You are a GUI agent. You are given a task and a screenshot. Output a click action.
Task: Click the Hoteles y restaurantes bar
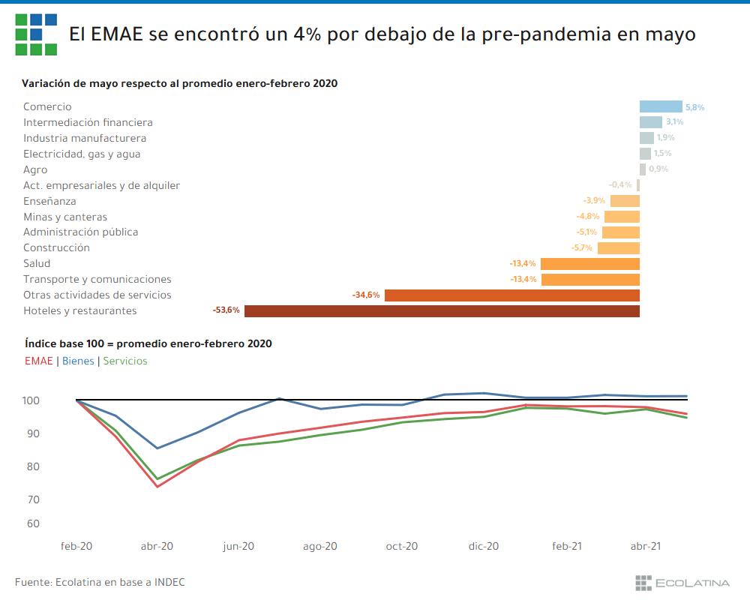(x=442, y=311)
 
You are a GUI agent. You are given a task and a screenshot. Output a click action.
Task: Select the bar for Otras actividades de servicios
(x=511, y=295)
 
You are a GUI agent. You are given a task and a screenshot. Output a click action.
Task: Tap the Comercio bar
(x=661, y=107)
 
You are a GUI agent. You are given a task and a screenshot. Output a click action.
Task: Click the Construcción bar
(x=618, y=248)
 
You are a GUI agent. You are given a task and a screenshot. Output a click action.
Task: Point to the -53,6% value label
(x=226, y=310)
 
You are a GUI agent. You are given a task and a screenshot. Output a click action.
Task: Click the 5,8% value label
(x=694, y=107)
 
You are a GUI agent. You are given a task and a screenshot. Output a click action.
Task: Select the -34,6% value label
(x=366, y=295)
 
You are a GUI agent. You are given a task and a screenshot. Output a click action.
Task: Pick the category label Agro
(x=35, y=169)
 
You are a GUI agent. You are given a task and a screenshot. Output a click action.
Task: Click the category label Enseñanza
(x=49, y=201)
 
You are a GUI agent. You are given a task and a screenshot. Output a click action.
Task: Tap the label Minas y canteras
(x=65, y=217)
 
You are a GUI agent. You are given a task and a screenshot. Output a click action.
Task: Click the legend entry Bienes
(x=78, y=361)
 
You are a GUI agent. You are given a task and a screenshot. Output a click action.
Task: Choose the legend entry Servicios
(x=125, y=361)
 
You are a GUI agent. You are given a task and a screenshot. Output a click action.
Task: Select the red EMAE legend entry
(x=38, y=361)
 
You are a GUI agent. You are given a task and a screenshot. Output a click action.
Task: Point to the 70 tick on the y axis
(x=33, y=499)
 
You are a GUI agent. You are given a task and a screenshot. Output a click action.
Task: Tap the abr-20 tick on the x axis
(x=157, y=547)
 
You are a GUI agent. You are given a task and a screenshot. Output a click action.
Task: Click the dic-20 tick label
(x=484, y=547)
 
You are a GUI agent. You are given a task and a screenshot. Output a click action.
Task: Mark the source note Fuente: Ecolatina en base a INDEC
(x=100, y=582)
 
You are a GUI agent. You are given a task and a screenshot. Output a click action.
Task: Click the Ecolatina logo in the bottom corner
(x=682, y=582)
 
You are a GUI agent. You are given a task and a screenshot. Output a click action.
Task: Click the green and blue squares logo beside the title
(x=35, y=34)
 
